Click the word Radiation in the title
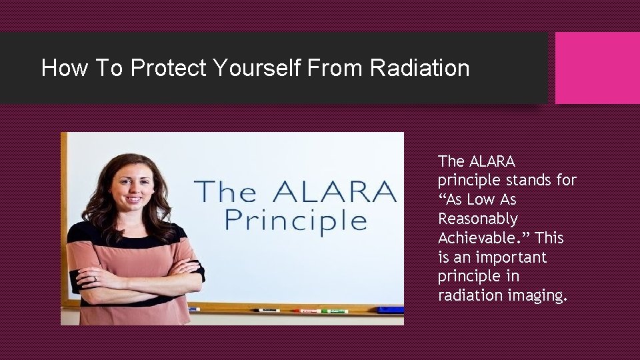419,68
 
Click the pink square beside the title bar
597,68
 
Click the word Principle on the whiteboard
295,220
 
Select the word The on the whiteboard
223,193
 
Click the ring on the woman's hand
94,278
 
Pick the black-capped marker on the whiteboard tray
267,310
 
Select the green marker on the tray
335,311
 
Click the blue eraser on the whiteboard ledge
390,309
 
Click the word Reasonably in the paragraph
477,219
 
